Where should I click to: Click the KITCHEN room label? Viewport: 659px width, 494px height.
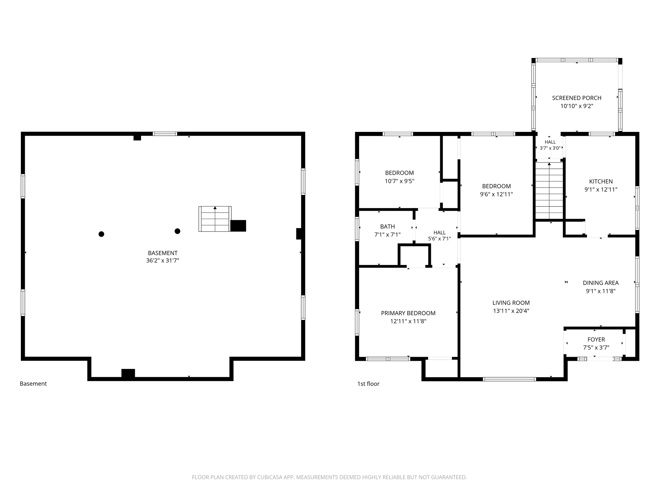(601, 181)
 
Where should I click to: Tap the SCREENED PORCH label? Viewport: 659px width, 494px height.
(577, 98)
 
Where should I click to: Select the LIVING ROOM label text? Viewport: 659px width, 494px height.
(511, 303)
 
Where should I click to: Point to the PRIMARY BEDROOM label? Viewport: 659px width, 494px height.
(408, 313)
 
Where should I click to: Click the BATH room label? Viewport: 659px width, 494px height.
(387, 226)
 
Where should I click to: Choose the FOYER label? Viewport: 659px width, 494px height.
(596, 339)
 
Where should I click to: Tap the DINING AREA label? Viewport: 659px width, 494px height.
(601, 283)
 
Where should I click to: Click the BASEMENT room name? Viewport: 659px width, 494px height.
(162, 253)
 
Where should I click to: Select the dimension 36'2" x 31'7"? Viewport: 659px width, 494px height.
(162, 261)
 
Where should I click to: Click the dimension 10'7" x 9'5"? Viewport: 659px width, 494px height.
(399, 181)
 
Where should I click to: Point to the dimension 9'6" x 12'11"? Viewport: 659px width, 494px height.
(496, 194)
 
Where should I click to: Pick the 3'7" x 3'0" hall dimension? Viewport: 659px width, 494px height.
(550, 148)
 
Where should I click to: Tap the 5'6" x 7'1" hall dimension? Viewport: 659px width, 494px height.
(439, 239)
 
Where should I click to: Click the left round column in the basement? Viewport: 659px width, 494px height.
(101, 234)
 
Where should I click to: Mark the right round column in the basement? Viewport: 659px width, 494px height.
(177, 231)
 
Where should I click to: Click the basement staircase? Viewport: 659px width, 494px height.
(215, 219)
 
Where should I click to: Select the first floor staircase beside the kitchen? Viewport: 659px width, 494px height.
(549, 190)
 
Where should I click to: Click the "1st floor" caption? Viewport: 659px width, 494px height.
(368, 384)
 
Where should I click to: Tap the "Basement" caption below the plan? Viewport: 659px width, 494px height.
(33, 384)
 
